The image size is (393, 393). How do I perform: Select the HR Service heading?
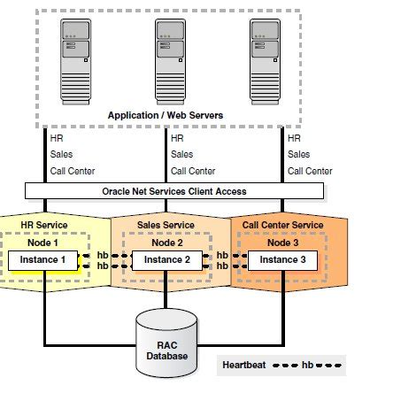tap(43, 226)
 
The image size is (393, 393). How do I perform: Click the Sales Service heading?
tap(166, 226)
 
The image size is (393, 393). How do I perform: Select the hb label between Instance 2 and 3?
tap(221, 260)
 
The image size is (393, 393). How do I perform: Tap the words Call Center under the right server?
tap(310, 171)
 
